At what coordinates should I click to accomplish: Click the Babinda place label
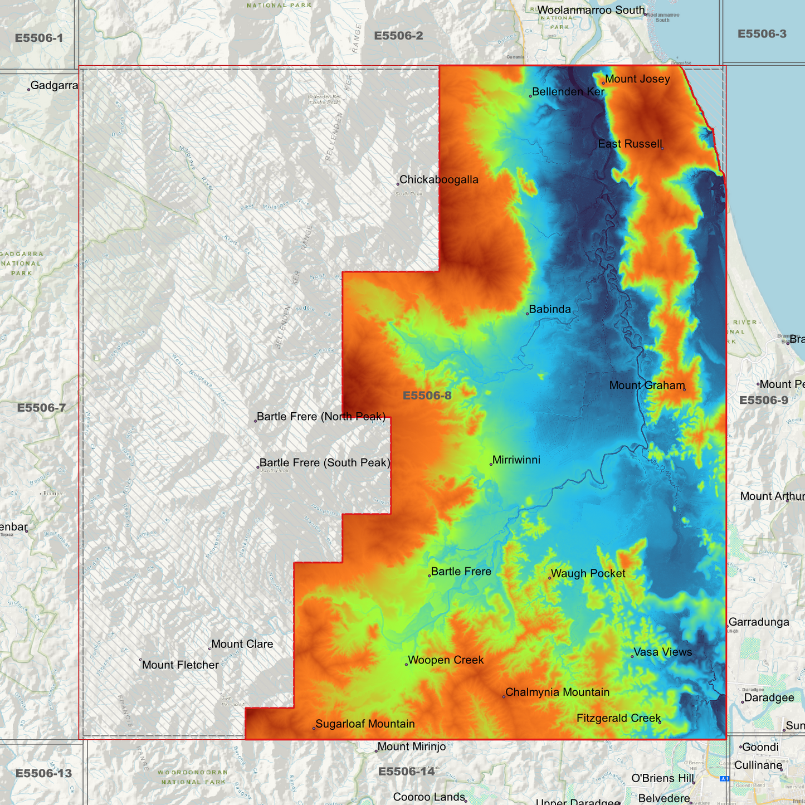coord(550,309)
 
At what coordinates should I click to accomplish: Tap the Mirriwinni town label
coord(516,460)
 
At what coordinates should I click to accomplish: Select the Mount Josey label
coord(637,79)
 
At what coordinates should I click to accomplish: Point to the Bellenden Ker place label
coord(568,92)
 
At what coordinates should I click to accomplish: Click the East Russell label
coord(630,144)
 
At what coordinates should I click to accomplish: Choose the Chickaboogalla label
coord(438,180)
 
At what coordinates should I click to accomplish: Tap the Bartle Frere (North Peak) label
coord(321,417)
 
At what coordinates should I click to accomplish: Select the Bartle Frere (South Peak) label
coord(325,463)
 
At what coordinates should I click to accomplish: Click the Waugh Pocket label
coord(588,574)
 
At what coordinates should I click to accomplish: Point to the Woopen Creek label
coord(446,660)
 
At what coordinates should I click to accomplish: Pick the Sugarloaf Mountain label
coord(365,724)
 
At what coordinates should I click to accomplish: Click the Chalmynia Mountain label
coord(557,692)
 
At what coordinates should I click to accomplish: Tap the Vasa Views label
coord(662,652)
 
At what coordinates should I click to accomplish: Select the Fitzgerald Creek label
coord(618,719)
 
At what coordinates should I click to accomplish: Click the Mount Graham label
coord(647,386)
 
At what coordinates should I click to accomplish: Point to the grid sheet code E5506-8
coord(427,396)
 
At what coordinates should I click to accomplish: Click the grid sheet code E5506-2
coord(398,36)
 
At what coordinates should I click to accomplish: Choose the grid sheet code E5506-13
coord(43,773)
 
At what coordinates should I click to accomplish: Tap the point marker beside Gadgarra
coord(29,89)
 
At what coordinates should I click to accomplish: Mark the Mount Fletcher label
coord(180,665)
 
